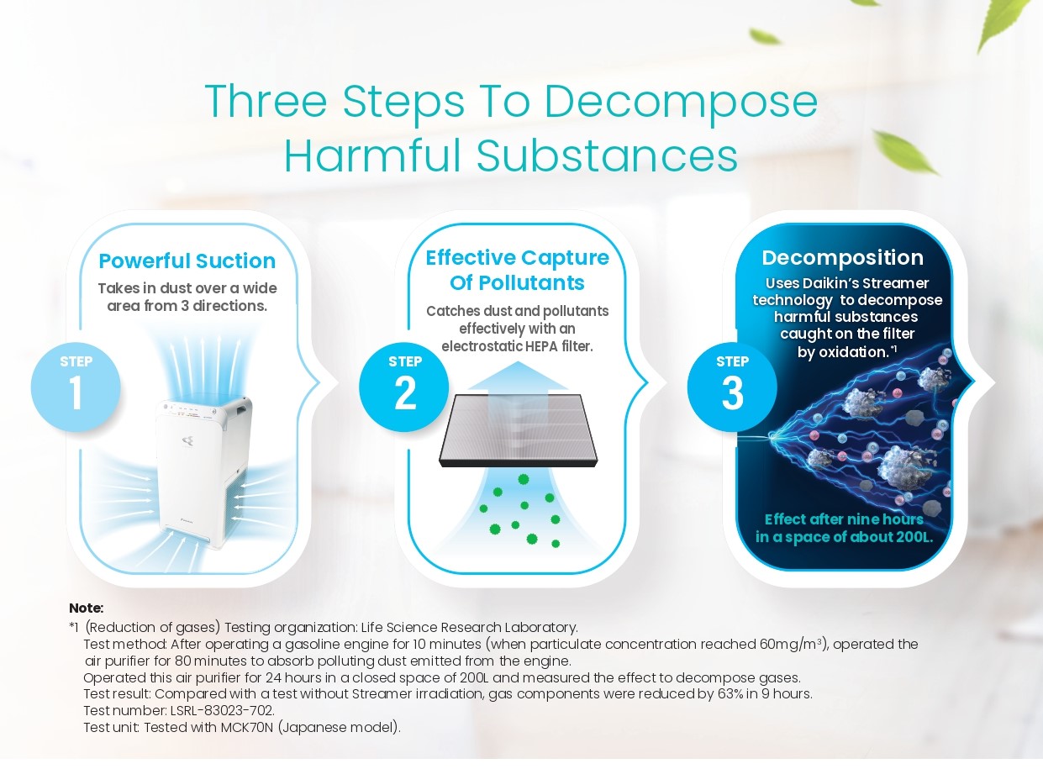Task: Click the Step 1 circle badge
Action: tap(76, 387)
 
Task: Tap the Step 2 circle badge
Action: tap(403, 387)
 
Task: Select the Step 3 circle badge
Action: tap(732, 387)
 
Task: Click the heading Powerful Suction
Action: tap(187, 261)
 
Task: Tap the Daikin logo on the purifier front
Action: tap(187, 440)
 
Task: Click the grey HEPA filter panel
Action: tap(519, 430)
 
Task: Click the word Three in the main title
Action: tap(266, 101)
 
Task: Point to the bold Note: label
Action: tap(86, 608)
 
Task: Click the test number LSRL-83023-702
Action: tap(222, 711)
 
